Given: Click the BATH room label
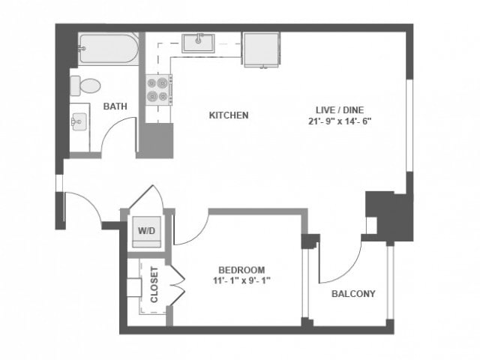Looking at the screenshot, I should click(115, 106).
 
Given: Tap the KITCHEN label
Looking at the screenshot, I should click(228, 115).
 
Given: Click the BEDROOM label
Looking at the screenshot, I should click(241, 270).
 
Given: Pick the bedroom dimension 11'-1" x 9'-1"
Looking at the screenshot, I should click(241, 281).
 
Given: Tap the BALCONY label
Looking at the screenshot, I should click(353, 293).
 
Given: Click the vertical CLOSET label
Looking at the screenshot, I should click(154, 285).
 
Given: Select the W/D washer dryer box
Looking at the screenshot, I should click(145, 231).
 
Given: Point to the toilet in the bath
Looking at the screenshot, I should click(87, 84).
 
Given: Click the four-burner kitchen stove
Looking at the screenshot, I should click(158, 90).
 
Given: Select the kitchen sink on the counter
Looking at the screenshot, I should click(199, 42).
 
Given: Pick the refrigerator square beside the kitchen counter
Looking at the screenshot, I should click(260, 49).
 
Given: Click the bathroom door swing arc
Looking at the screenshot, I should click(118, 136).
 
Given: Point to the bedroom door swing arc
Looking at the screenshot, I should click(190, 229).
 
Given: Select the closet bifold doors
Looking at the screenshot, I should click(175, 284).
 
